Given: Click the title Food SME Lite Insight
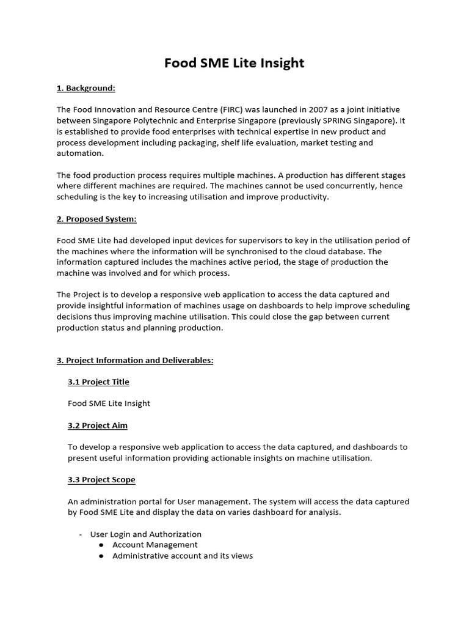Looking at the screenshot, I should point(234,63).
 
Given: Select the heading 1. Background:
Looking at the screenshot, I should point(85,88).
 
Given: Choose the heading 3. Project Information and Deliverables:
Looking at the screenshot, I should point(135,360).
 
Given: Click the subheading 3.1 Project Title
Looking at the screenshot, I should point(98,381).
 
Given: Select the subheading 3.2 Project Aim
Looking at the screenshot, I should point(98,425).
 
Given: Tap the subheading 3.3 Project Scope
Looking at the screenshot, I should point(101,479).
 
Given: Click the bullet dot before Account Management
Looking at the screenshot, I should point(101,545).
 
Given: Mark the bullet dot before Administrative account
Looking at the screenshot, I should point(101,556).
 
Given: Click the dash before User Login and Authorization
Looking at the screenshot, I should point(81,534).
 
